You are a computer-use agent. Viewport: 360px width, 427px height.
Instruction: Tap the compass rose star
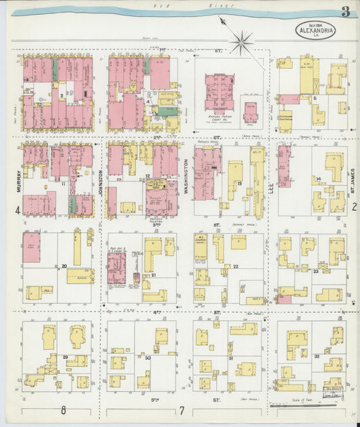point(241,42)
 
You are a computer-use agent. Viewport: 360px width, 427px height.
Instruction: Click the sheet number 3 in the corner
point(345,11)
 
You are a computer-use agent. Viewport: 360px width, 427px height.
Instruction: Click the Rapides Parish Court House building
point(219,93)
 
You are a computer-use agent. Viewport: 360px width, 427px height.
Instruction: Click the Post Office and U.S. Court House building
point(116,268)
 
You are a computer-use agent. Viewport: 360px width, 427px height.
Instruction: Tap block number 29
point(65,357)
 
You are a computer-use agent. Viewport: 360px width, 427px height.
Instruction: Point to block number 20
point(64,266)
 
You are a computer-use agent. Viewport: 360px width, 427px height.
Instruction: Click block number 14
point(318,178)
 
